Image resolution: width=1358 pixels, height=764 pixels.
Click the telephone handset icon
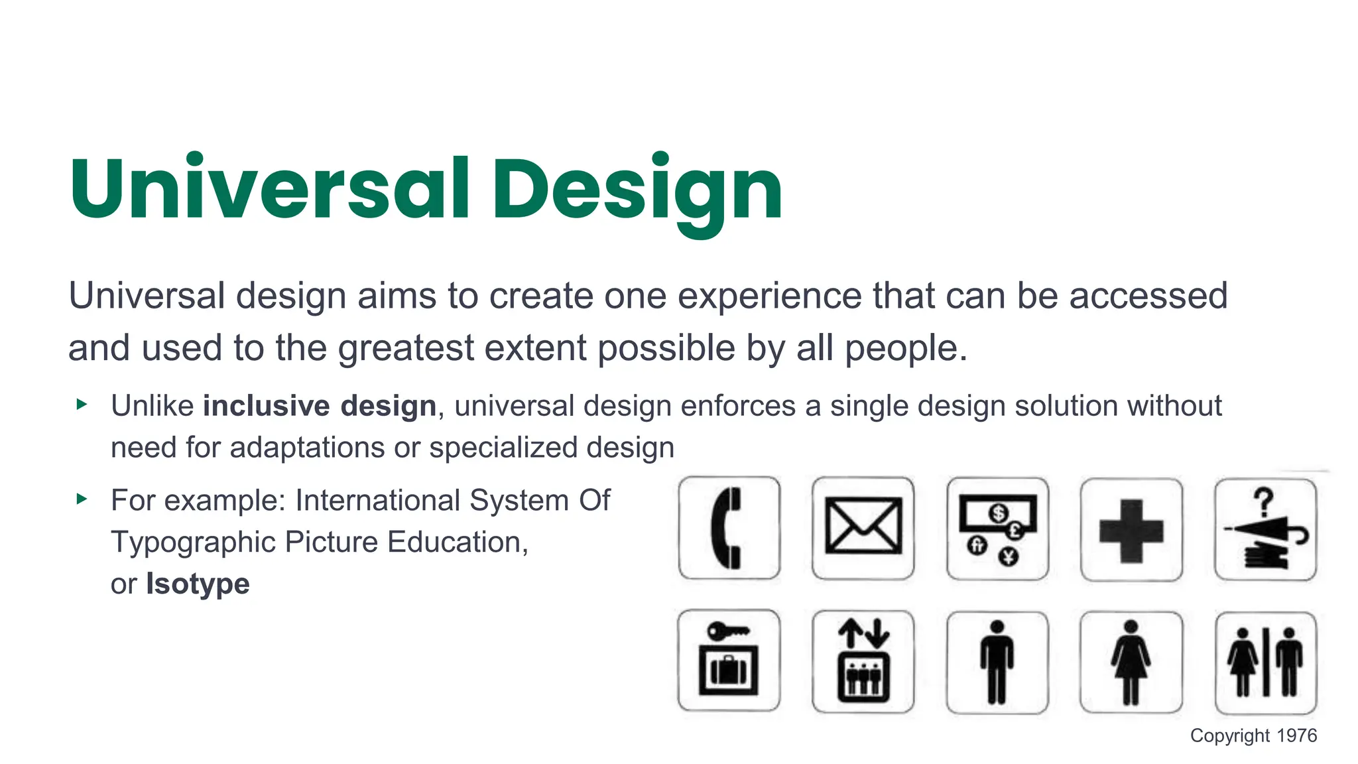pos(729,528)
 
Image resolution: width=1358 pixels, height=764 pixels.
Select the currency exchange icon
pos(997,529)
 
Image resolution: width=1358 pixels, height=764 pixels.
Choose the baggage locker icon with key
pos(729,661)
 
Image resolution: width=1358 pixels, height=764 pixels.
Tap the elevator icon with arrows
pos(863,661)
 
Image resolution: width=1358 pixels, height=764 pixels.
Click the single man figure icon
pos(997,662)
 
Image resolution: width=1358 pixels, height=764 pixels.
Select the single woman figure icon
pos(1131,662)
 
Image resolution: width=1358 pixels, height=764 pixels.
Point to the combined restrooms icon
pos(1265,663)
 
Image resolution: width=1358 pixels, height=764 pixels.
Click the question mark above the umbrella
pos(1264,502)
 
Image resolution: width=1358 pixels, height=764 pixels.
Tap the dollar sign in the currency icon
pos(999,513)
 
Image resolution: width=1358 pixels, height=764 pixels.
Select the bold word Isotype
pos(198,584)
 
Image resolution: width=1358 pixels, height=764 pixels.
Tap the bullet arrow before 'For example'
pos(82,499)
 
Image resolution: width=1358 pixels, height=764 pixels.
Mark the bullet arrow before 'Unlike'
pos(82,404)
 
